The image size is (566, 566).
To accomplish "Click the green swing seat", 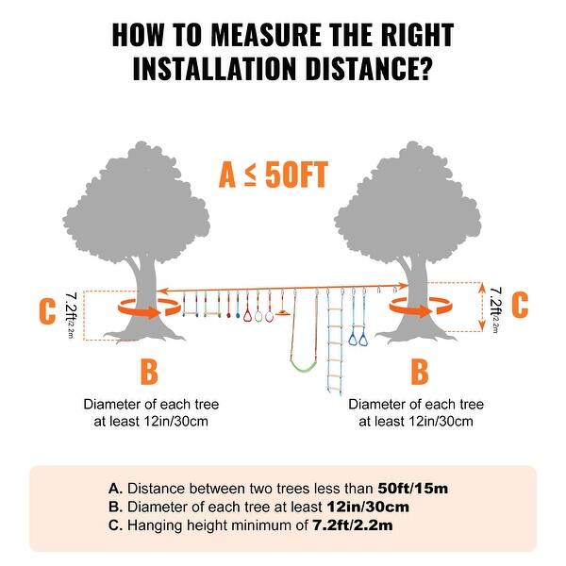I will [301, 364].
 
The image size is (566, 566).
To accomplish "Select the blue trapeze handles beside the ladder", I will [359, 330].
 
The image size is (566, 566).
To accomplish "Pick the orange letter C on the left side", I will [46, 311].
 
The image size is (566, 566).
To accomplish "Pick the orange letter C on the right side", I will [519, 306].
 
